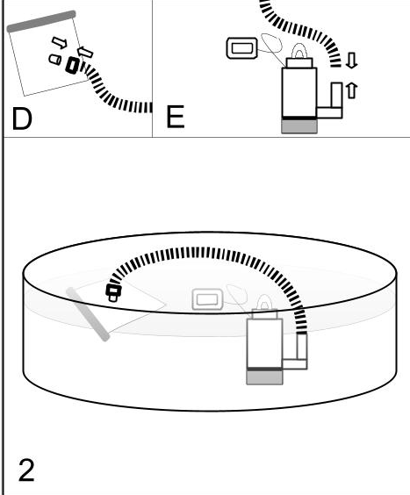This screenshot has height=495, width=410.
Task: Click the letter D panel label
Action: click(x=22, y=118)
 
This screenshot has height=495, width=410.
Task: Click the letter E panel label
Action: click(x=175, y=117)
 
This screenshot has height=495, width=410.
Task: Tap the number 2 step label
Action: click(x=26, y=470)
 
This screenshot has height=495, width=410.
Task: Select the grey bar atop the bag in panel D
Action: click(x=41, y=21)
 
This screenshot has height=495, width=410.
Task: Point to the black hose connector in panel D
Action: click(x=72, y=66)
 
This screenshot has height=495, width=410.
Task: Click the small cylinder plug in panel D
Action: click(x=55, y=60)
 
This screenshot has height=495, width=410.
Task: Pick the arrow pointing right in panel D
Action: click(x=60, y=42)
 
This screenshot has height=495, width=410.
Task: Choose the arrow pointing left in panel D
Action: click(x=85, y=52)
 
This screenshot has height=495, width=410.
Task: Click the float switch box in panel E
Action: click(x=242, y=48)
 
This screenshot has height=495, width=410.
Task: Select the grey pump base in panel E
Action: click(x=299, y=126)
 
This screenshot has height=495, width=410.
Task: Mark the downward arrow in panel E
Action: click(x=351, y=61)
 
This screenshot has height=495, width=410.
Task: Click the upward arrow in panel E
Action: click(x=351, y=90)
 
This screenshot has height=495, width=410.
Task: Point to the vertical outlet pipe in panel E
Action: click(x=337, y=96)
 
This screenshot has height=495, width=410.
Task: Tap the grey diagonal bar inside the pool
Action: click(x=88, y=314)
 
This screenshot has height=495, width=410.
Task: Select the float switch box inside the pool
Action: click(x=207, y=299)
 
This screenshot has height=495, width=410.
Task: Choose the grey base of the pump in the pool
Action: click(x=264, y=377)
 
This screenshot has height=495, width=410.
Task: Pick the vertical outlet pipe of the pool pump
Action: click(x=302, y=347)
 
